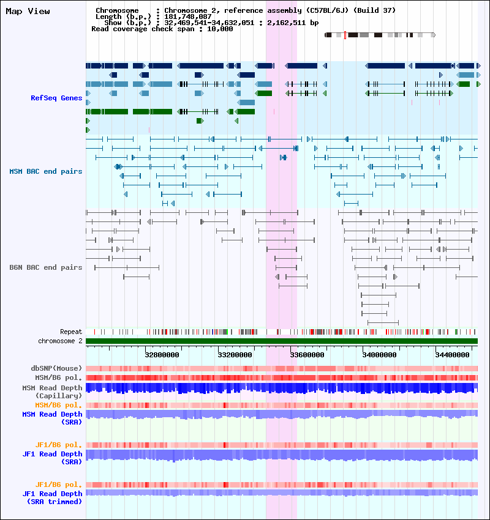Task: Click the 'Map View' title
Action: (28, 11)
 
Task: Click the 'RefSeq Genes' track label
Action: (56, 98)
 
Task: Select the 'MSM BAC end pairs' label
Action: (46, 171)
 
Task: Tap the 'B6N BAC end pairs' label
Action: (46, 267)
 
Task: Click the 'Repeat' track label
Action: (71, 332)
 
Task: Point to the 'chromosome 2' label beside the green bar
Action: (60, 341)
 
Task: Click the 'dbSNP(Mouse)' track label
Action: (56, 368)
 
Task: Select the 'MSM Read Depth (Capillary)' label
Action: (53, 392)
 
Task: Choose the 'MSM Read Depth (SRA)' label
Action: (53, 418)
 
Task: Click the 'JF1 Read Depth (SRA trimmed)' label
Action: (53, 498)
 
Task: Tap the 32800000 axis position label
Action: (162, 355)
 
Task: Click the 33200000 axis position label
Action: (235, 355)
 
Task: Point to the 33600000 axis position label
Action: (307, 355)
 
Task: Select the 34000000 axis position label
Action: (380, 355)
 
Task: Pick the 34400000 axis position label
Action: (452, 355)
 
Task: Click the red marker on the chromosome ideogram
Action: (345, 35)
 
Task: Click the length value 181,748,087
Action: (188, 17)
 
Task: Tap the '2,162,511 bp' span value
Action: (293, 23)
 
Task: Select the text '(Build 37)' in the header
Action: (374, 10)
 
